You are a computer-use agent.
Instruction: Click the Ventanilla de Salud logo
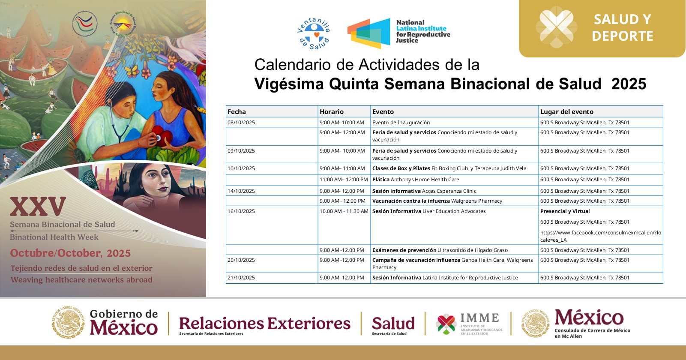coord(314,33)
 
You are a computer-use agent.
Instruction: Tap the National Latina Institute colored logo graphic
coord(369,33)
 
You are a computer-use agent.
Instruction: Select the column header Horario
coord(332,111)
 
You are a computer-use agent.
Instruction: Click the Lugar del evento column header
coord(567,111)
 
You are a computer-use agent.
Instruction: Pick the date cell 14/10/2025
coord(241,191)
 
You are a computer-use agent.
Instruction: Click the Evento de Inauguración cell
coord(401,122)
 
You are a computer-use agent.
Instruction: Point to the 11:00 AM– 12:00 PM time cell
coord(344,179)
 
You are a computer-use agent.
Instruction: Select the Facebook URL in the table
coord(601,236)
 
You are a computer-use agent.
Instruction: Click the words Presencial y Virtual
coord(565,211)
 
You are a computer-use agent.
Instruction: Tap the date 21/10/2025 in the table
coord(241,278)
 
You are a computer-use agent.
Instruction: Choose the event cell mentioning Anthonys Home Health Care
coord(416,179)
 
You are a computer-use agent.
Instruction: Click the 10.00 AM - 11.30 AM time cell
coord(344,211)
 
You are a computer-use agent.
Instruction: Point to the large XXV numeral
coord(38,206)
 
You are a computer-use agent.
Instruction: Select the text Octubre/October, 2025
coord(70,253)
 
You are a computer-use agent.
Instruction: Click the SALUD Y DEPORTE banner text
coord(623,27)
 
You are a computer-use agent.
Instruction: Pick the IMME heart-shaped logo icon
coord(446,324)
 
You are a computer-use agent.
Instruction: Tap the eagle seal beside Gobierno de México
coord(68,322)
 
